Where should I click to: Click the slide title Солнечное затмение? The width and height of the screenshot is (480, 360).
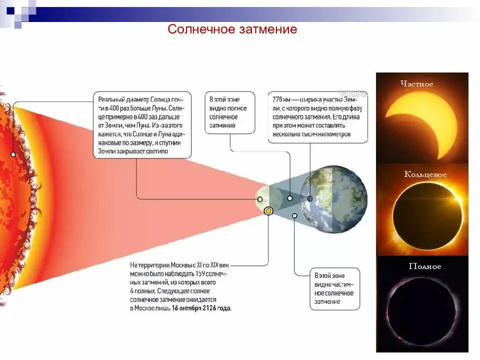click(232, 29)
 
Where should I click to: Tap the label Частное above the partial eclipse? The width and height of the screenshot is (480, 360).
click(416, 84)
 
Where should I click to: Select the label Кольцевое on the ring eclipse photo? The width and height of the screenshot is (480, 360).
click(425, 174)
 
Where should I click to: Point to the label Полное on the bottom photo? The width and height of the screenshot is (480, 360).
click(425, 266)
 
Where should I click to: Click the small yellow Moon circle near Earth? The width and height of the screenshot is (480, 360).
click(268, 211)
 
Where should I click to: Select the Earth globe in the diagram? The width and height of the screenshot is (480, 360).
click(333, 199)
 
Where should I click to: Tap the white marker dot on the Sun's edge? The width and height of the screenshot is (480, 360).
click(13, 154)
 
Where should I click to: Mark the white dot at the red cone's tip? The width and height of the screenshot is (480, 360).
click(260, 199)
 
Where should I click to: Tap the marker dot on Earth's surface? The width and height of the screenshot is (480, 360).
click(309, 198)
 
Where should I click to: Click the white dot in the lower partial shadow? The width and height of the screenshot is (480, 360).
click(294, 216)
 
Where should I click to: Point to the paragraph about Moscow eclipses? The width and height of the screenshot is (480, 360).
click(180, 286)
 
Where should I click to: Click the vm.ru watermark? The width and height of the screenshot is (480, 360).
click(353, 93)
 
